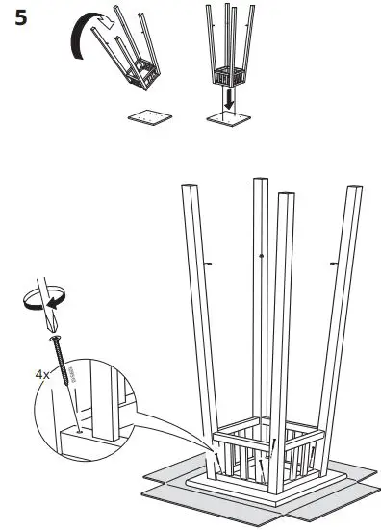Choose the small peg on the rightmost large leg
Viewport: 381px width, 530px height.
pyautogui.click(x=334, y=261)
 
